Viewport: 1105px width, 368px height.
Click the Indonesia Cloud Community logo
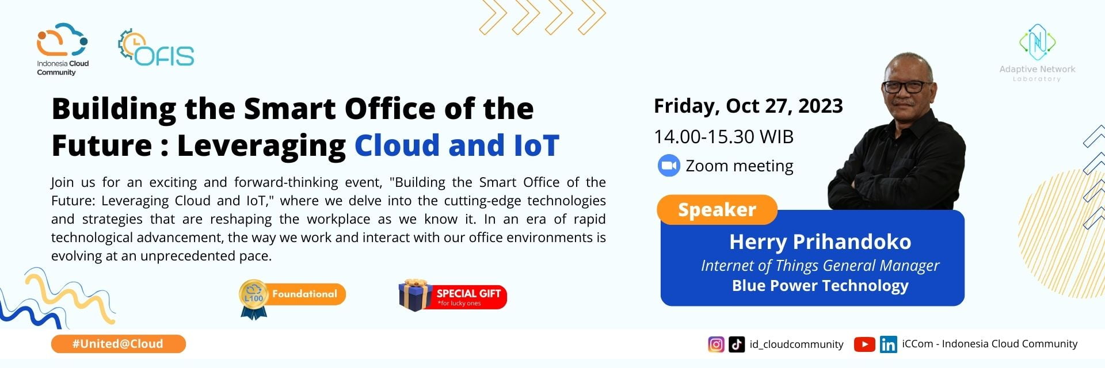coord(62,49)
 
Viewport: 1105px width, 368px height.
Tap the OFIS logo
coord(156,48)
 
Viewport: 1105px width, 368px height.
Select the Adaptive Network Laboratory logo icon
coord(1037,42)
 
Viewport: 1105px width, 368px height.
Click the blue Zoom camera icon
coord(669,166)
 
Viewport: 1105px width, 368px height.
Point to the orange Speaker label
coord(717,210)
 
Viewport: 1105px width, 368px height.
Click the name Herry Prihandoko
coord(820,242)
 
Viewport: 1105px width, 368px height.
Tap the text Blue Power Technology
coord(820,286)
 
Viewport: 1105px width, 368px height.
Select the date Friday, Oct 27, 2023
coord(748,106)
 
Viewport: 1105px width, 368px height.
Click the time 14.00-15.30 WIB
coord(723,137)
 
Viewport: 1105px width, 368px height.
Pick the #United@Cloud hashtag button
coord(118,344)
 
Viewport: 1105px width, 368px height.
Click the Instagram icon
coord(716,344)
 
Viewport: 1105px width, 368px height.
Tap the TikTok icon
coord(737,344)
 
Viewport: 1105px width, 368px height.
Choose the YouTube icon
coord(864,344)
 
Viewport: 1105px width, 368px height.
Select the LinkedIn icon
coord(888,344)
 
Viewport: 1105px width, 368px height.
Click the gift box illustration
coord(416,296)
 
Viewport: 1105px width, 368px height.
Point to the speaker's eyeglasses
coord(908,87)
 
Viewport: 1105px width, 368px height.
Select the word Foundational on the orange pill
coord(304,294)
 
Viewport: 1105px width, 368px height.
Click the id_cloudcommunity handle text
coord(797,344)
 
